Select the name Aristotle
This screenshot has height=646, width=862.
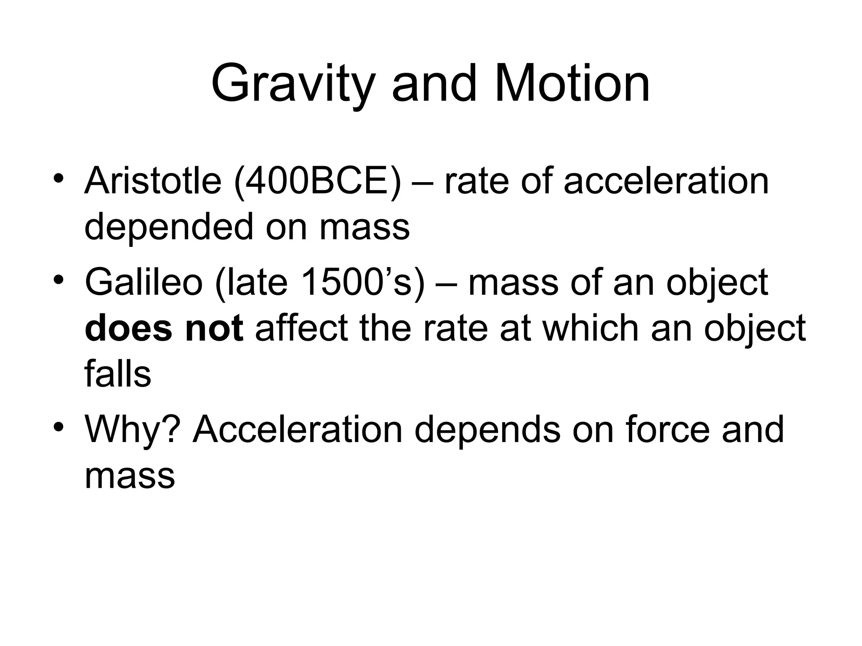153,181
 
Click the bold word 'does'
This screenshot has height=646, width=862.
128,328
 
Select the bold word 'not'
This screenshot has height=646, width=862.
214,328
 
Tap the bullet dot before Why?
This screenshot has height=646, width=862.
59,426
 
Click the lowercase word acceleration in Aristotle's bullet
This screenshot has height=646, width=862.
666,181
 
